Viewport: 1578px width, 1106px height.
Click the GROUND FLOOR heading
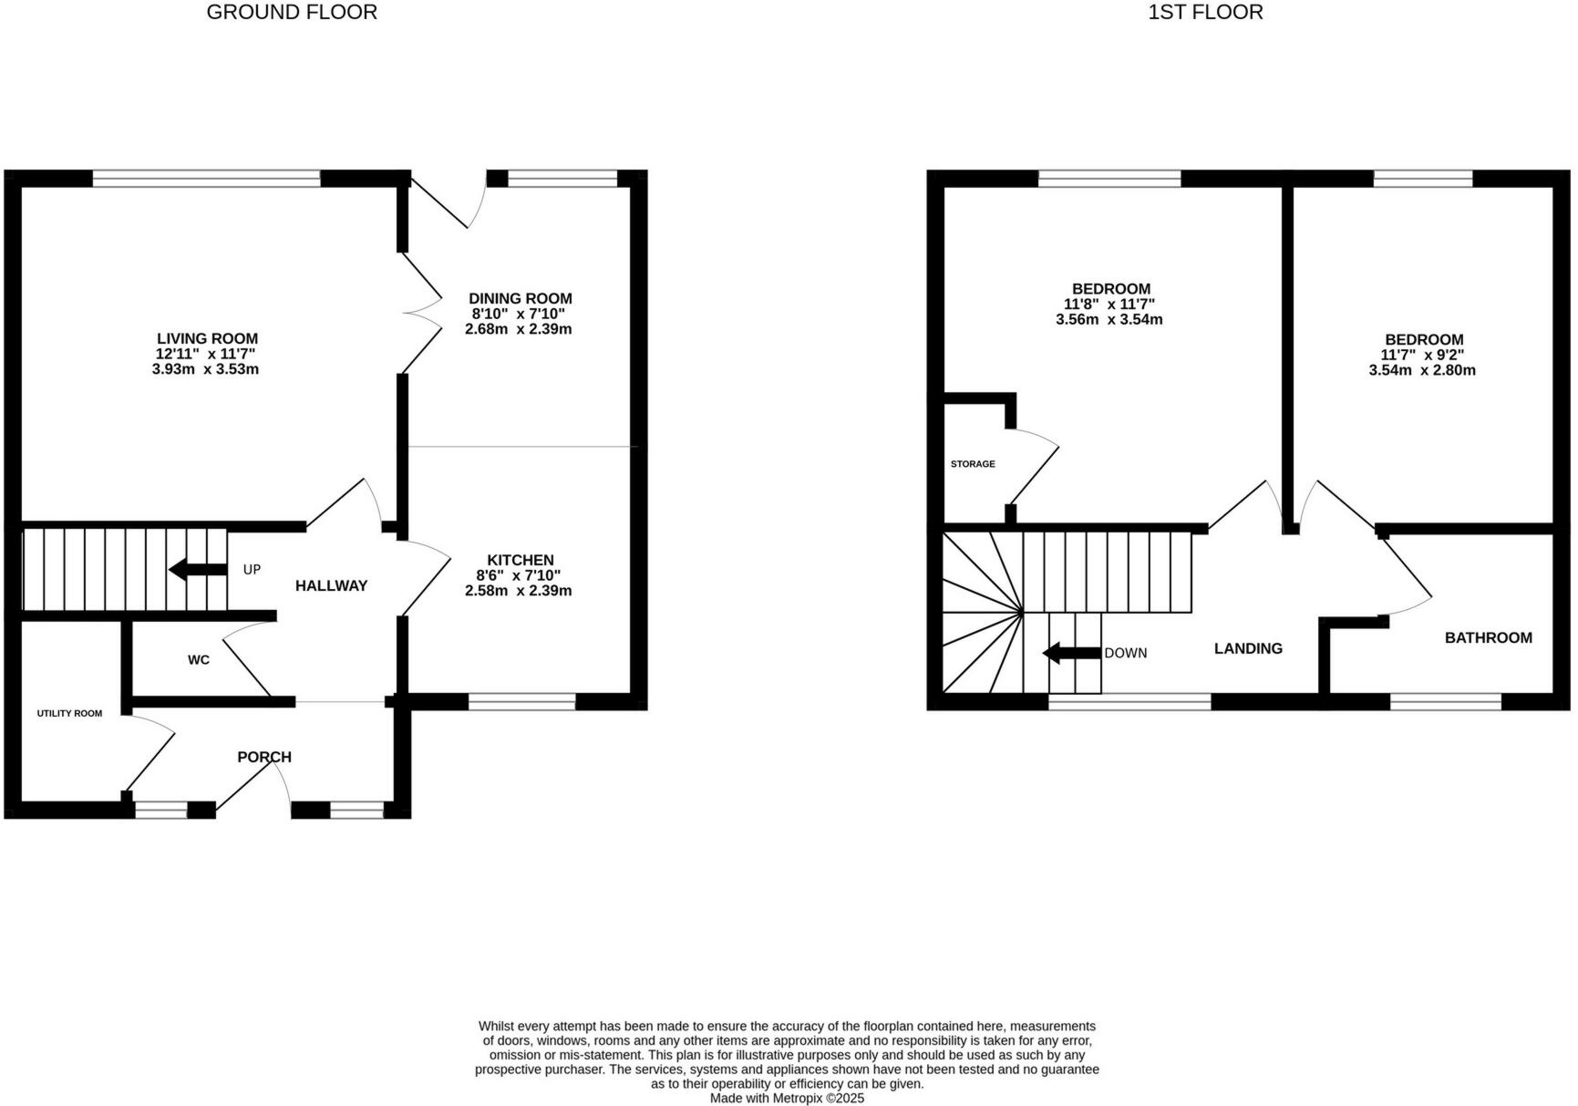coord(292,12)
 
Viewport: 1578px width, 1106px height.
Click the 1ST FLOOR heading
coord(1205,12)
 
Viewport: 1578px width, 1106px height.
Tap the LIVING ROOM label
coord(207,338)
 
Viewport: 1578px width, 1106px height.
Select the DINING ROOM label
coord(520,298)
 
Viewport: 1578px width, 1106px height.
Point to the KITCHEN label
coord(520,560)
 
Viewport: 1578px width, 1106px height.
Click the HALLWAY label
coord(331,585)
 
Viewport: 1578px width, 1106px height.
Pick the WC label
coord(199,659)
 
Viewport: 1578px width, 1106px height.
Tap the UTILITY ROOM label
coord(69,713)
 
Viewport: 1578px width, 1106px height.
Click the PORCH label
coord(264,757)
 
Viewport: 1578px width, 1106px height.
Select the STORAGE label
coord(973,464)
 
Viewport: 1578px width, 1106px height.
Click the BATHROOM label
coord(1488,637)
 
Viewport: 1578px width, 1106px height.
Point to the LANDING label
coord(1248,648)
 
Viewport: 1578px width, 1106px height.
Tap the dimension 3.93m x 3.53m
coord(205,369)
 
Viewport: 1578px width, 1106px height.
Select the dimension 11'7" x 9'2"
coord(1421,355)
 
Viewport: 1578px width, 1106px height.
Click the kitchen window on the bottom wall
coord(521,701)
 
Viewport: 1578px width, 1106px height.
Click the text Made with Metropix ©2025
coord(787,1099)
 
